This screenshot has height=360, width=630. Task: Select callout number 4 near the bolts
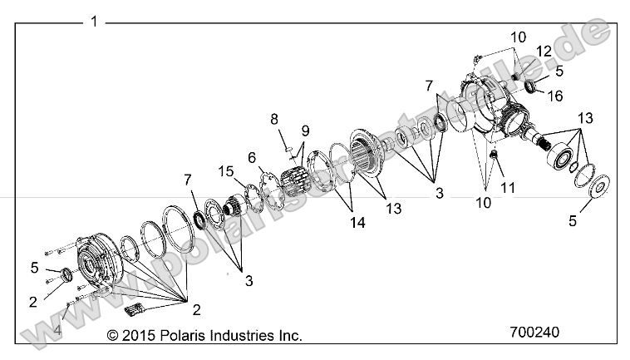(57, 330)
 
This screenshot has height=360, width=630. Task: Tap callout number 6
(251, 157)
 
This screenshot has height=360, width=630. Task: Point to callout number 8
(273, 120)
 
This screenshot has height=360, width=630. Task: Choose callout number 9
(305, 130)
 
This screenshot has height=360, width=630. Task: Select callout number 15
(224, 171)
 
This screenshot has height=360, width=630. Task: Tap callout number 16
(554, 96)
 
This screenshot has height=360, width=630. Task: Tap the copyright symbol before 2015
(114, 336)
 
